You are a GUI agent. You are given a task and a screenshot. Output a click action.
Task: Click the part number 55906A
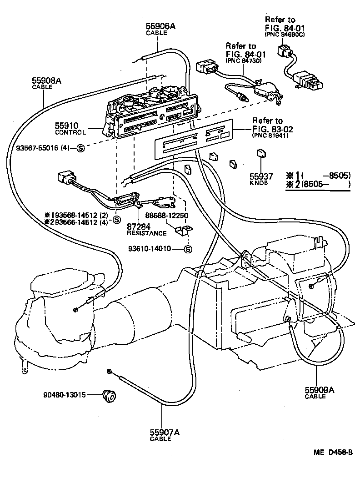[x=160, y=26]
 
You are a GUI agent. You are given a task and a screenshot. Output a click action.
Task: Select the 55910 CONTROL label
[x=70, y=128]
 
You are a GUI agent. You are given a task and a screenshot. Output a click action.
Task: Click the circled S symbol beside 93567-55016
[x=80, y=147]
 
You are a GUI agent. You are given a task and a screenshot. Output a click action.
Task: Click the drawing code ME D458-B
[x=332, y=453]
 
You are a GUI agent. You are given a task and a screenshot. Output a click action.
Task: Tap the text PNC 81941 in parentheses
[x=271, y=136]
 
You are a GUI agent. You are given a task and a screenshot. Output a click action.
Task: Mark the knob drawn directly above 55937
[x=261, y=153]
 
